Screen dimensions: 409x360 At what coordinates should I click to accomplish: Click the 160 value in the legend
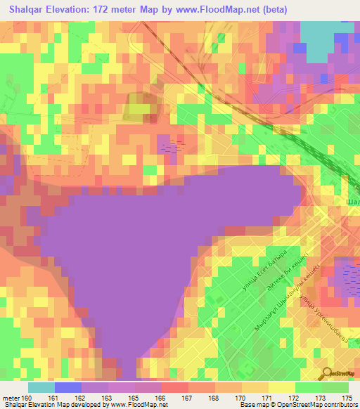(26, 398)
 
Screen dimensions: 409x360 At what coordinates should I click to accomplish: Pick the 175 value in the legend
(347, 398)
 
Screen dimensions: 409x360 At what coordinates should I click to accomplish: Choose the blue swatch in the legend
(67, 387)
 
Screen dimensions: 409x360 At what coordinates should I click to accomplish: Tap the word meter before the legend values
(10, 398)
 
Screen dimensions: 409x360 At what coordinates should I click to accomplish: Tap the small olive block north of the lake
(139, 108)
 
